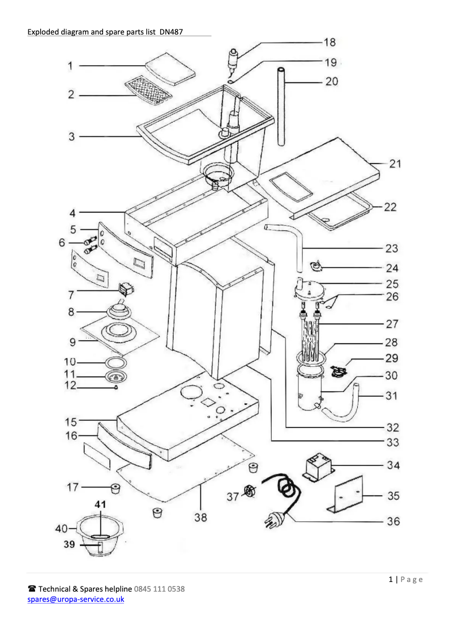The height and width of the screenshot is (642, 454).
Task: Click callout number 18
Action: click(x=329, y=42)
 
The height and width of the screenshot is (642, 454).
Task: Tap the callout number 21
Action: click(x=395, y=164)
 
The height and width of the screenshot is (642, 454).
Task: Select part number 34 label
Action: click(x=393, y=465)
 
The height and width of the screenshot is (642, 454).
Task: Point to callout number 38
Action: click(x=200, y=517)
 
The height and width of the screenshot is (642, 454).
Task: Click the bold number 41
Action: click(x=100, y=503)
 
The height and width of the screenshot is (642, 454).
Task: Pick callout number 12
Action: click(x=69, y=387)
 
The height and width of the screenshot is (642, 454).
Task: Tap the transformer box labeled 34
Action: click(x=318, y=466)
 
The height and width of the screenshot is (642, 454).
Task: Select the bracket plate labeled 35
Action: click(x=346, y=495)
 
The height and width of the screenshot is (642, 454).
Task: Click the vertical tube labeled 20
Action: click(x=281, y=108)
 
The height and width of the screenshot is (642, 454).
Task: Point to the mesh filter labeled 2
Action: click(x=149, y=88)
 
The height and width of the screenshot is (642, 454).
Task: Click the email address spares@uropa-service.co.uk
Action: click(x=76, y=599)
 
